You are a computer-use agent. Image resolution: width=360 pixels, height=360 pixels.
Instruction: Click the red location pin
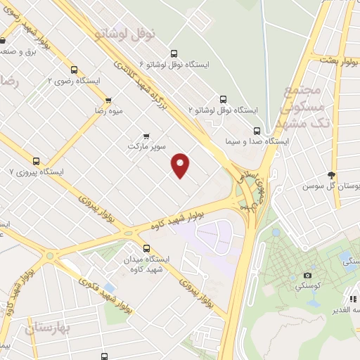pos(181,165)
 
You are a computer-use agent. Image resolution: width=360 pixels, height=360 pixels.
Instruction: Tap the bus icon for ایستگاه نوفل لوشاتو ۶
pos(174,53)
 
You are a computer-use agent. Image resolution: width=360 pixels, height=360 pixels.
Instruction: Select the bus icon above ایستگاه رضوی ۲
pos(74,70)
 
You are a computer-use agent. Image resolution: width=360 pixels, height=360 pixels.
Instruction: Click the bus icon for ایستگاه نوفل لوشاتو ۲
pos(224,99)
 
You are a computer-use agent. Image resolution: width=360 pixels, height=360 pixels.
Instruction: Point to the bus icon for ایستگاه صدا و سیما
pos(257,130)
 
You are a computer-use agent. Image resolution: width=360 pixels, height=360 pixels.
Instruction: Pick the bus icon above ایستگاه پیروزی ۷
pos(36,160)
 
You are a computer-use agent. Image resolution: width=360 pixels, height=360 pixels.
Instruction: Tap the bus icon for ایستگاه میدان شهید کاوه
pos(146,247)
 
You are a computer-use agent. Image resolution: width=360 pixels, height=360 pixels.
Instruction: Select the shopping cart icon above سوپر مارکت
pos(146,136)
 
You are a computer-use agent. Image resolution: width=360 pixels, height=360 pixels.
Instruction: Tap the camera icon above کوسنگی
pos(307,275)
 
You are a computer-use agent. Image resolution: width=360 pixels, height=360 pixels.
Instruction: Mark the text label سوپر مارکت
pos(146,147)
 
